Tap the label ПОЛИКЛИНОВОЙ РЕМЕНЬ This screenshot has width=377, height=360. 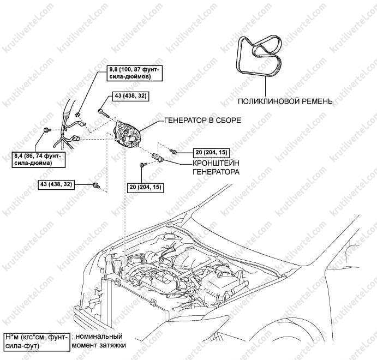285,101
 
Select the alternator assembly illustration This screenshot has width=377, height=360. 127,134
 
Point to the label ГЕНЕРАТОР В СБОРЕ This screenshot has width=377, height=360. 203,120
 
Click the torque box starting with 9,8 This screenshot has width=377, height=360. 135,73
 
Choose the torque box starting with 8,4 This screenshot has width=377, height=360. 38,160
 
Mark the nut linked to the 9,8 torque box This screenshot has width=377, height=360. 77,114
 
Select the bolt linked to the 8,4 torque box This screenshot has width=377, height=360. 47,130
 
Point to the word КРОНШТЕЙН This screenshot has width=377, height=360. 216,163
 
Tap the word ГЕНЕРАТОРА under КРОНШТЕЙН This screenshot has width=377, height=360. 216,172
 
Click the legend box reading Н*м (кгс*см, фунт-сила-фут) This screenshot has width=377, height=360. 37,342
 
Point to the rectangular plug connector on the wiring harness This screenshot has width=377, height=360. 76,139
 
